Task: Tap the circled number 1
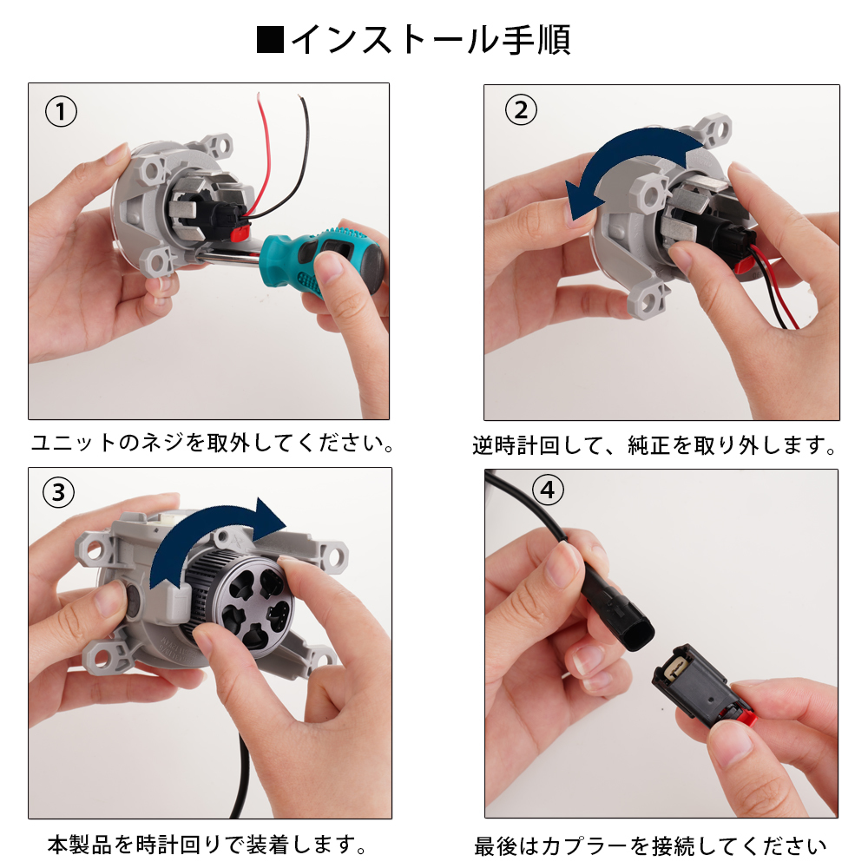[60, 111]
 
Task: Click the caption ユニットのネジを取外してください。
[212, 444]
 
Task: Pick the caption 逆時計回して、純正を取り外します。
[655, 446]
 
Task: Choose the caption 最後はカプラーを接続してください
[651, 845]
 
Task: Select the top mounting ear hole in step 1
[219, 141]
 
